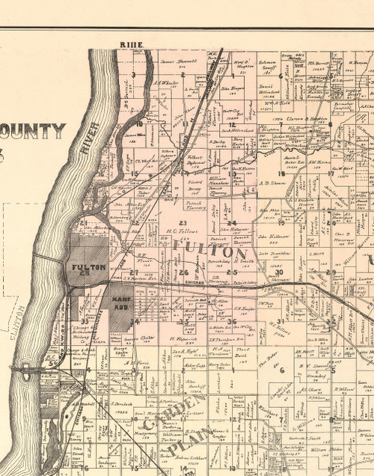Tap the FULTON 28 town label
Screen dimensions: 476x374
tap(87, 269)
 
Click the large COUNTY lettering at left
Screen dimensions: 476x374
tap(33, 132)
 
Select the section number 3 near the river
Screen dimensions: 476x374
tap(132, 75)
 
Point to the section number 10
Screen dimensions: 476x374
tap(139, 123)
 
